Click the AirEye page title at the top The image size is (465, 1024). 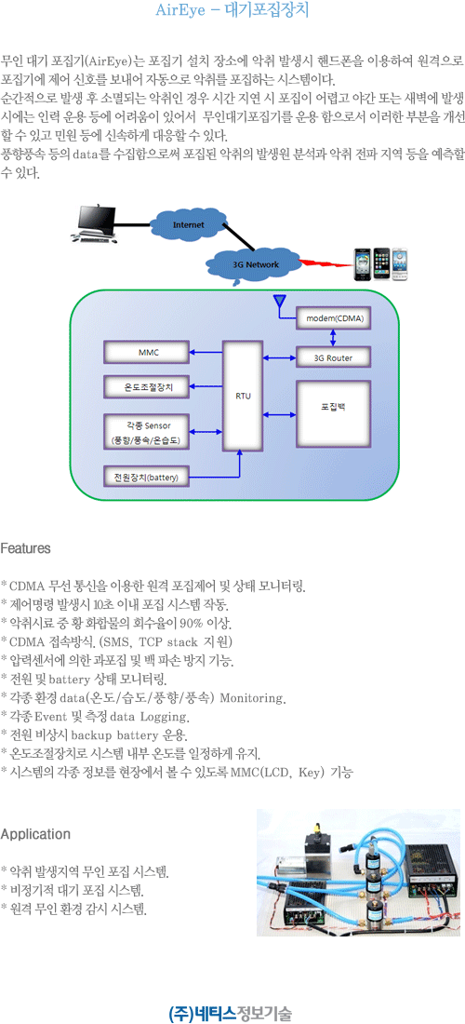232,10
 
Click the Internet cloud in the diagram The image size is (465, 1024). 188,224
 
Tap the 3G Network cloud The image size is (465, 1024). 257,263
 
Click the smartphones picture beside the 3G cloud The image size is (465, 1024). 381,263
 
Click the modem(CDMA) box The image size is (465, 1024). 335,318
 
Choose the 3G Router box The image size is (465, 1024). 334,357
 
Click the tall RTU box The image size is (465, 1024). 242,395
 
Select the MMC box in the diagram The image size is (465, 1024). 148,353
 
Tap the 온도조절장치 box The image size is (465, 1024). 148,386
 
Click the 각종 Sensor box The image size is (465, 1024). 148,432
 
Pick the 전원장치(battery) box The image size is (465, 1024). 148,477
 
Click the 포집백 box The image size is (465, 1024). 333,414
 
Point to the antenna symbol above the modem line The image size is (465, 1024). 280,301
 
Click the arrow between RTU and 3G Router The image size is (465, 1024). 278,357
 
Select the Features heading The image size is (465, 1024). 26,548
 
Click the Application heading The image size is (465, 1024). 35,835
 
